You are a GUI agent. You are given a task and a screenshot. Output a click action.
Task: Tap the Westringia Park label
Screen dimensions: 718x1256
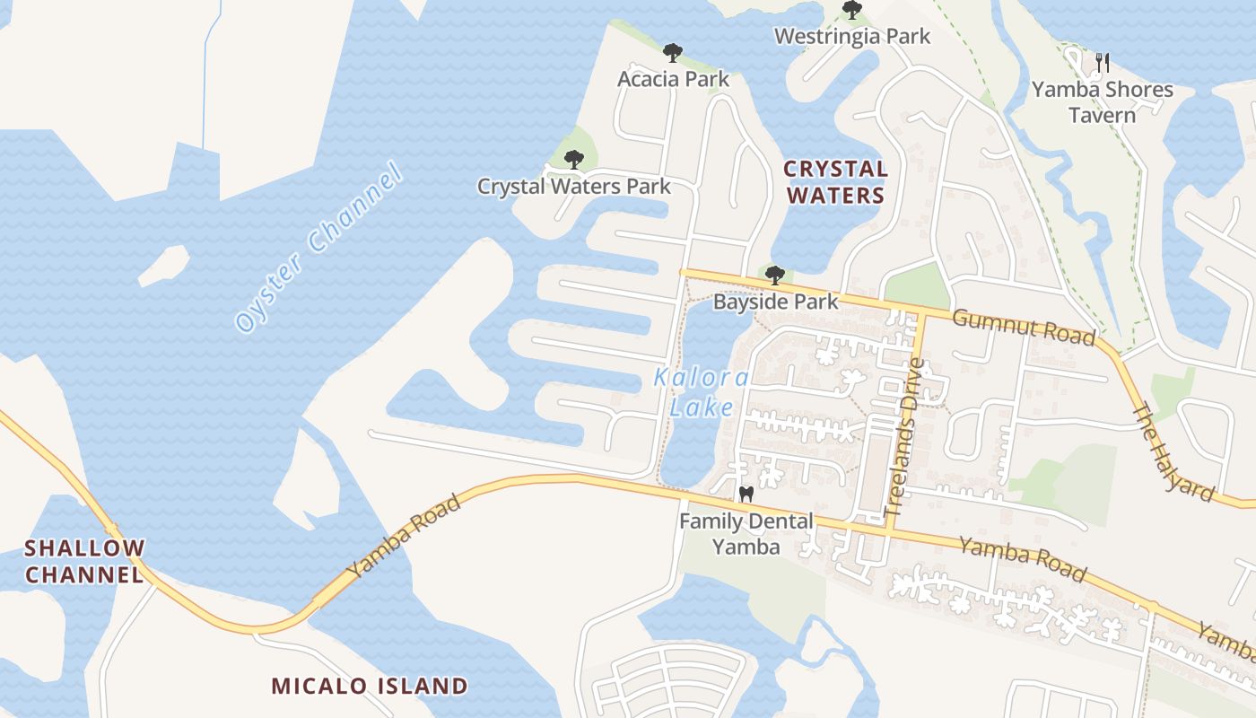coord(851,37)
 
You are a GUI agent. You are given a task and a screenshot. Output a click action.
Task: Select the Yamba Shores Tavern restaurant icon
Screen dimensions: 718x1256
coord(1103,63)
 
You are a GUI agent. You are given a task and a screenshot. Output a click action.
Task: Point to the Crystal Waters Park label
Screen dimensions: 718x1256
coord(573,187)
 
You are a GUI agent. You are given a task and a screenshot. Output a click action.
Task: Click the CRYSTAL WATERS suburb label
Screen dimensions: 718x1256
coord(834,182)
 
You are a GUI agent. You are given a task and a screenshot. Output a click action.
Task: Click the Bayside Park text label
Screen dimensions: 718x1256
coord(775,302)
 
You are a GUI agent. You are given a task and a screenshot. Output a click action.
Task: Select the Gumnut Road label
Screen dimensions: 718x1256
coord(1023,327)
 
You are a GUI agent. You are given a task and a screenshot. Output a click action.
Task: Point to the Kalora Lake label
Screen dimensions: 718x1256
coord(702,392)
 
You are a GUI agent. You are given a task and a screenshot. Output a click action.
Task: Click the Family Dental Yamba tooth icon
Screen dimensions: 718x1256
coord(745,494)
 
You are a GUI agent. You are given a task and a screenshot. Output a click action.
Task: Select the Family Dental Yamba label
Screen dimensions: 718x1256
coord(746,533)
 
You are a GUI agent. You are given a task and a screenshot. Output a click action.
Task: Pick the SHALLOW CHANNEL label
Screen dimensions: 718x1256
coord(84,561)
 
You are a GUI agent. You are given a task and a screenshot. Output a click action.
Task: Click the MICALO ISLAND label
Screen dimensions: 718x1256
coord(369,687)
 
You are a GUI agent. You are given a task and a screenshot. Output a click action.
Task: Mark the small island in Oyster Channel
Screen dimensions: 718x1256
coord(164,265)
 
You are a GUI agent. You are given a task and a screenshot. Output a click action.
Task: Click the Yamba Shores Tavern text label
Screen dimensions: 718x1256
coord(1102,102)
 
